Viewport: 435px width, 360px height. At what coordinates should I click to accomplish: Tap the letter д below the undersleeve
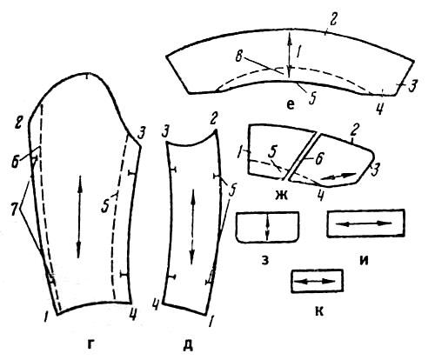[188, 344]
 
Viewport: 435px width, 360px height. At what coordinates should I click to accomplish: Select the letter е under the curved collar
[291, 104]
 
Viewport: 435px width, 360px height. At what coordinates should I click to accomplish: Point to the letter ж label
[281, 196]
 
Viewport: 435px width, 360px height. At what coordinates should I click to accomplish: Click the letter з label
[265, 260]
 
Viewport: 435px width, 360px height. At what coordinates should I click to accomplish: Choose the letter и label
[365, 260]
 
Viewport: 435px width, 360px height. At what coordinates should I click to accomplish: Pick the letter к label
[319, 311]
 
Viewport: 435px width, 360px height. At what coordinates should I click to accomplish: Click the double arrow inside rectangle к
[317, 281]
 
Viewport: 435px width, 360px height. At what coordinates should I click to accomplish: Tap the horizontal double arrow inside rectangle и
[365, 223]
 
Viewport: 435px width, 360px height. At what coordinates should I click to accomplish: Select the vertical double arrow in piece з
[268, 226]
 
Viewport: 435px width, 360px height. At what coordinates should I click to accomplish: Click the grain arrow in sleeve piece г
[79, 217]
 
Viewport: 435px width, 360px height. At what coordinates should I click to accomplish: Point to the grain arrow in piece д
[192, 226]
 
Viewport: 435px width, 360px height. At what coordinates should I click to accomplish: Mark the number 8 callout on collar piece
[238, 57]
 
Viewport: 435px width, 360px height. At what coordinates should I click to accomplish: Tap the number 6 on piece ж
[318, 159]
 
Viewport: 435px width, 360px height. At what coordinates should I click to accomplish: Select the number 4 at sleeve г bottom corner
[132, 314]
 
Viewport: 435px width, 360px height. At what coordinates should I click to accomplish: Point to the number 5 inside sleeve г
[104, 207]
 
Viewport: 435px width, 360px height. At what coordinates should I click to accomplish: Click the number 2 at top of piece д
[214, 119]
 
